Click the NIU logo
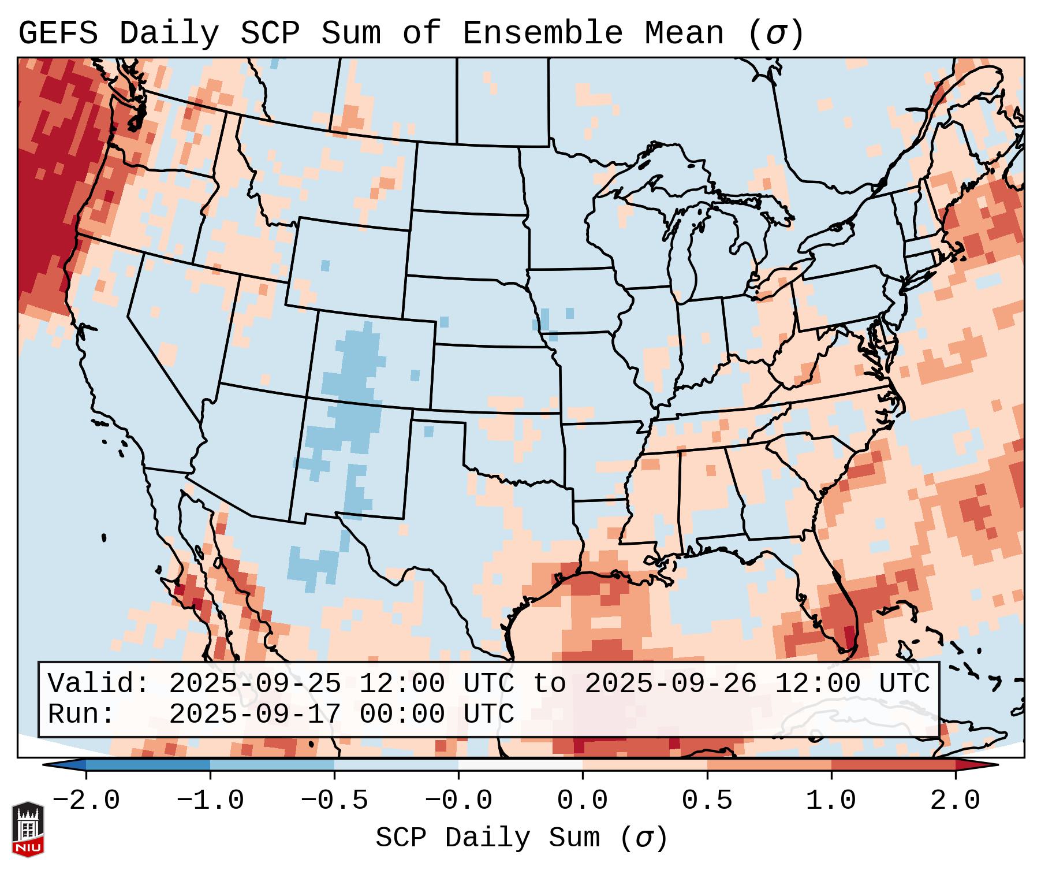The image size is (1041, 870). point(28,829)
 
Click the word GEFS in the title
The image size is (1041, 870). point(58,33)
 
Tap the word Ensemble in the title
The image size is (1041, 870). point(542,33)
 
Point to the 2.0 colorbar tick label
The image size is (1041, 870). point(955,801)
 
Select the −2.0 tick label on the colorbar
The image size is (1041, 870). point(86,801)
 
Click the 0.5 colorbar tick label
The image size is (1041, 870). point(707,801)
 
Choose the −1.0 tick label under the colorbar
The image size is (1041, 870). point(210,801)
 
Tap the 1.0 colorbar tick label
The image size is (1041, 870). point(831,801)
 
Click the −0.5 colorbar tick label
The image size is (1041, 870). point(334,801)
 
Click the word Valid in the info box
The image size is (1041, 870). point(98,684)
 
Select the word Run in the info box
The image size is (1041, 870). point(81,715)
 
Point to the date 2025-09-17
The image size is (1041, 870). point(255,715)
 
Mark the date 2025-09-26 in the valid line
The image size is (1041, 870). point(670,684)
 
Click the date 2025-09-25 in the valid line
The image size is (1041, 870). point(255,684)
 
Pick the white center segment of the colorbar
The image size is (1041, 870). point(520,764)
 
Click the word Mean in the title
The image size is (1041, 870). point(684,33)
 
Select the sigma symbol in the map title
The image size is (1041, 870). point(776,33)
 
